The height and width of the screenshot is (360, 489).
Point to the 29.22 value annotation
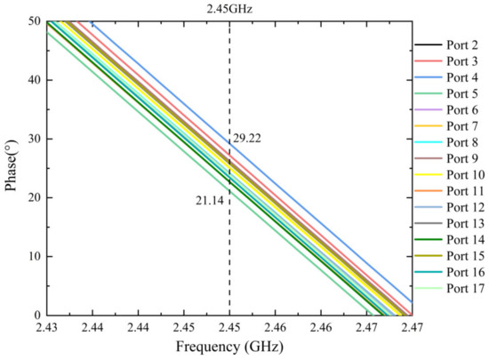point(248,139)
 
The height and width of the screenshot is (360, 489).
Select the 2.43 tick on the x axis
point(46,328)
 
